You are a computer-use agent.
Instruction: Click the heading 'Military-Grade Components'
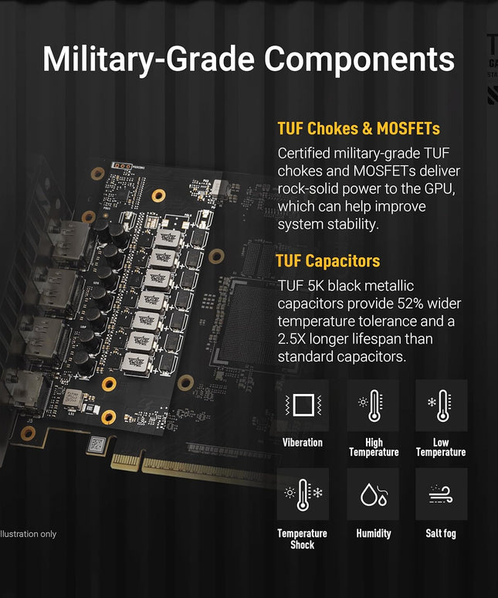249,59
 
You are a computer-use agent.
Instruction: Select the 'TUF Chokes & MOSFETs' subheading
358,128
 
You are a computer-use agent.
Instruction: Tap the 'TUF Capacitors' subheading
327,261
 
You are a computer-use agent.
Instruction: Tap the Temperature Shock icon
303,494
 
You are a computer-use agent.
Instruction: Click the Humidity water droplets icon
373,494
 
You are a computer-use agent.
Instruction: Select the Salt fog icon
441,494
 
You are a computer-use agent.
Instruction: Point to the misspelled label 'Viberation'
303,443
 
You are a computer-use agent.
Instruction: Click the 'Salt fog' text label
441,533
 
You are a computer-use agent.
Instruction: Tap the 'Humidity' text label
374,533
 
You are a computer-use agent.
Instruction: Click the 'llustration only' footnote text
29,534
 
